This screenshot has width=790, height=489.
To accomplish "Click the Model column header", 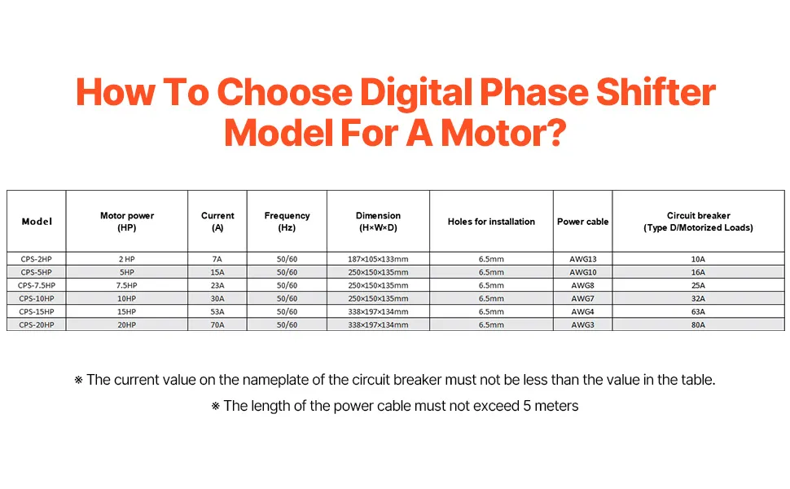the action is pos(37,222).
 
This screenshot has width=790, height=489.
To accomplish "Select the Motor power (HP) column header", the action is pos(127,222).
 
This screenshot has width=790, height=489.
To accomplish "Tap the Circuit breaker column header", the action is pos(698,222).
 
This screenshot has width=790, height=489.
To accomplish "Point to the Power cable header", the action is pos(583,222).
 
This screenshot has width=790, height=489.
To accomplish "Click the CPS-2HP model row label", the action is pos(37,259).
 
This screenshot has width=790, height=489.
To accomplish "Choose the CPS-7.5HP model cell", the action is pos(37,285).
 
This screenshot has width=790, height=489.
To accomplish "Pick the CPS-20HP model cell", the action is pos(37,324).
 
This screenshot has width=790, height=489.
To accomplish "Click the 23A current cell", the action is pos(217,285).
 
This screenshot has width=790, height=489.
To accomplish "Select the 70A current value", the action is pos(217,324).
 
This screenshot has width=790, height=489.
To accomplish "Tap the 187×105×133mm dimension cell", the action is pos(378,259).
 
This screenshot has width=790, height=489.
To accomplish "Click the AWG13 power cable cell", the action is pos(583,259).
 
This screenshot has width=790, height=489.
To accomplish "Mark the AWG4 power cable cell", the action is pos(583,311).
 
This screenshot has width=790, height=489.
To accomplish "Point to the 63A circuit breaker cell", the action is pos(698,311).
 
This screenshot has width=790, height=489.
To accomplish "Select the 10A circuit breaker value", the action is pos(698,259).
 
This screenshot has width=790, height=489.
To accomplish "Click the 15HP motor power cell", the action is pos(127,311).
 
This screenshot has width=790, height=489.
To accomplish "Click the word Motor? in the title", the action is pos(504,133).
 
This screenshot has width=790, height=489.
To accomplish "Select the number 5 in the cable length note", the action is pos(526,406).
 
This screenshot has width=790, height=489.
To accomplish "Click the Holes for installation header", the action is pos(491,222).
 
